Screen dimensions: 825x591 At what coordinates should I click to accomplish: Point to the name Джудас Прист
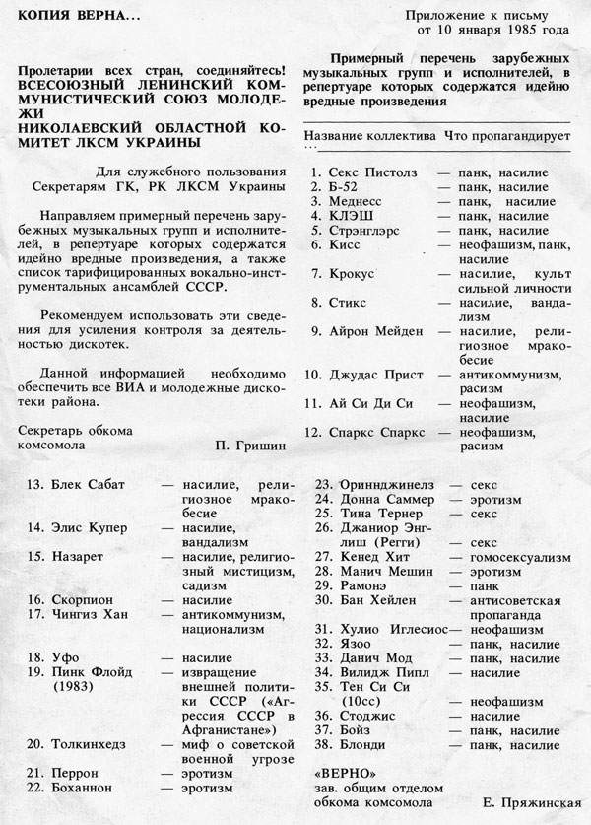pos(370,376)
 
